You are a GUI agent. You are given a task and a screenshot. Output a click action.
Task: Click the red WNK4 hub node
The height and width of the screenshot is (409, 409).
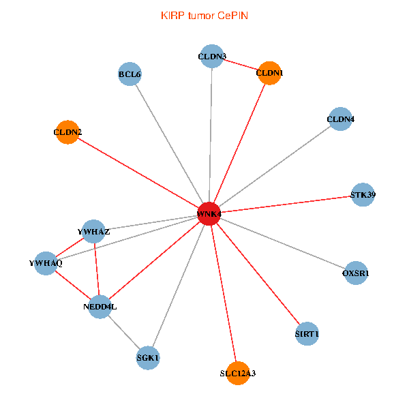pyautogui.click(x=209, y=214)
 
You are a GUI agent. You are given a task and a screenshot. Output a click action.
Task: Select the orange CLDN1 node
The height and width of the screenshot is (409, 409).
pyautogui.click(x=270, y=73)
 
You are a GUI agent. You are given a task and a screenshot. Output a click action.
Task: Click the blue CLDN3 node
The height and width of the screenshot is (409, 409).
pyautogui.click(x=213, y=56)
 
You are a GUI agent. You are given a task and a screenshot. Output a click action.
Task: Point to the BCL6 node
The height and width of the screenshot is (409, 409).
pyautogui.click(x=130, y=74)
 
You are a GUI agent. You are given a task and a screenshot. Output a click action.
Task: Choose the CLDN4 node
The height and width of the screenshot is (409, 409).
pyautogui.click(x=340, y=120)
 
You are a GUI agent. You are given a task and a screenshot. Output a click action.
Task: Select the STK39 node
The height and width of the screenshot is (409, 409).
pyautogui.click(x=363, y=195)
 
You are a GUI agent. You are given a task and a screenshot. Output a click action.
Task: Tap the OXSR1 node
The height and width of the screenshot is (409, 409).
pyautogui.click(x=356, y=273)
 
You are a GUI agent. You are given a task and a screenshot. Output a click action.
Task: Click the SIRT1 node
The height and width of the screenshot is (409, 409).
pyautogui.click(x=307, y=334)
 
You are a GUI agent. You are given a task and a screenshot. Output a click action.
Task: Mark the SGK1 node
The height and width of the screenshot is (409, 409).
pyautogui.click(x=148, y=358)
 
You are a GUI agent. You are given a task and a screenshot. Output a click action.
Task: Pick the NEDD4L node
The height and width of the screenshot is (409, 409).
pyautogui.click(x=100, y=307)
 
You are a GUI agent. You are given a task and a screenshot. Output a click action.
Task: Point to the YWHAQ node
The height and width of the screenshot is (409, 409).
pyautogui.click(x=46, y=263)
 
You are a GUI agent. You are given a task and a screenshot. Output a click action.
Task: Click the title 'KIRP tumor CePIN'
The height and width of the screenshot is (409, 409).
pyautogui.click(x=204, y=15)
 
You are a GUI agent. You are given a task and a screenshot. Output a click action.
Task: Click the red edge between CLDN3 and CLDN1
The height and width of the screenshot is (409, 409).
pyautogui.click(x=241, y=64)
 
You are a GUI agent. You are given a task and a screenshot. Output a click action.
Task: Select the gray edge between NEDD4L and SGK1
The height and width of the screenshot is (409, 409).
pyautogui.click(x=124, y=333)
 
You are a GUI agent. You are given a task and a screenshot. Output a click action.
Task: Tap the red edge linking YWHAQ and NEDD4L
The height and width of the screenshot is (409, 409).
pyautogui.click(x=73, y=285)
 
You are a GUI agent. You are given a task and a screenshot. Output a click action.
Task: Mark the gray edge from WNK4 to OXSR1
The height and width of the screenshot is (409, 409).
pyautogui.click(x=282, y=244)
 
